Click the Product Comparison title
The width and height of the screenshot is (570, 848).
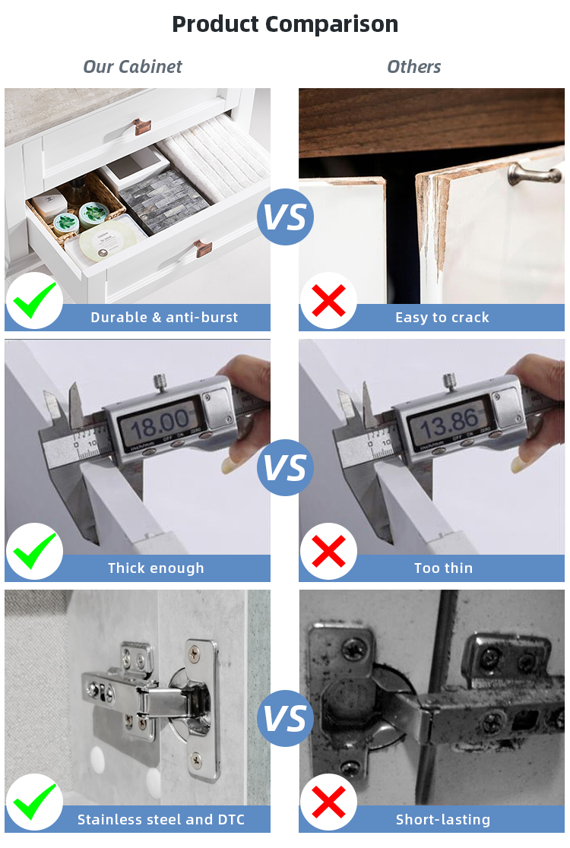tap(285, 24)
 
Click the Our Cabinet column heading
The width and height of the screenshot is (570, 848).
tap(132, 67)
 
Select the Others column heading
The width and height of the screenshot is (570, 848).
tap(413, 67)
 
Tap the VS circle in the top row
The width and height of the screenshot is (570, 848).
tap(285, 217)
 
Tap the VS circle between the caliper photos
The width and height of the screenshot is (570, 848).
tap(285, 468)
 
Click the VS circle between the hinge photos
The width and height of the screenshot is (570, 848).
tap(285, 719)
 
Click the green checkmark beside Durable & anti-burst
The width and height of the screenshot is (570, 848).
tap(34, 302)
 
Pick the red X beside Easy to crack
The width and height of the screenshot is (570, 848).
tap(328, 302)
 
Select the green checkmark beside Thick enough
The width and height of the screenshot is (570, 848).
tap(34, 552)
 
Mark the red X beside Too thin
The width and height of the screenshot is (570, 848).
tap(328, 552)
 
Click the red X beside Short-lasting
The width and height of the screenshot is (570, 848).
tap(328, 803)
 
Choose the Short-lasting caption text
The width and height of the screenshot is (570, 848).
tap(443, 820)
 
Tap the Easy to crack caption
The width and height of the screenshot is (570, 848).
tap(442, 318)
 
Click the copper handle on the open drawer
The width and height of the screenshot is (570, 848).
tap(203, 248)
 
